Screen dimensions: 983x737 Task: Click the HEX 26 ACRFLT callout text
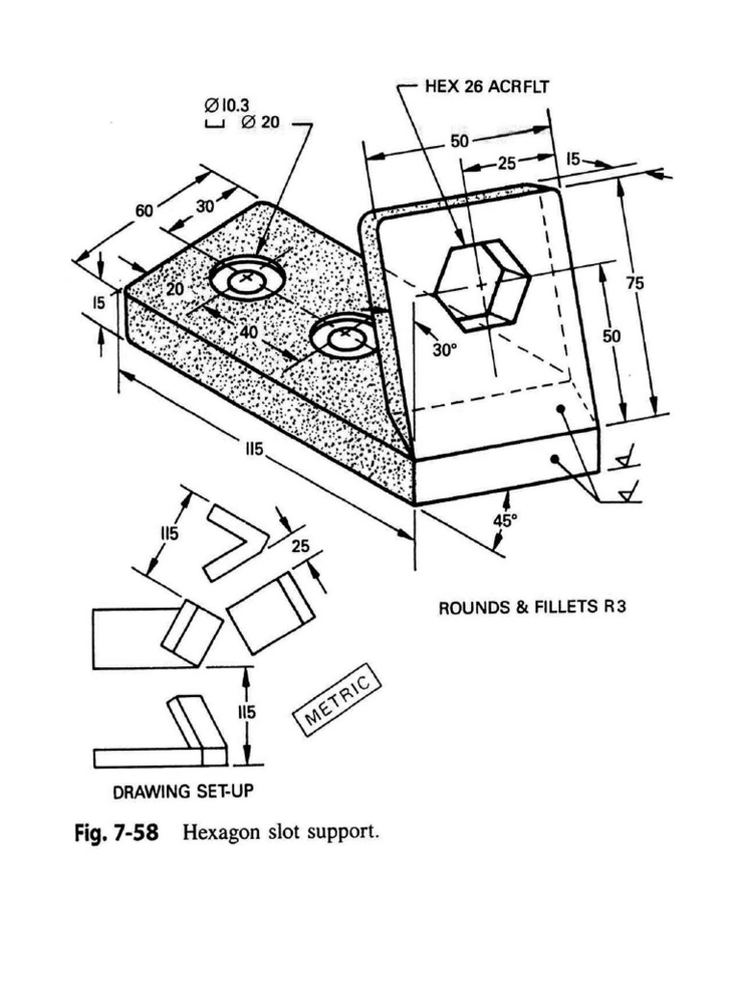click(487, 85)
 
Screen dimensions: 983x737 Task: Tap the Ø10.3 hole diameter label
click(228, 106)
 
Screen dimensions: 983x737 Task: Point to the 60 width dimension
click(145, 209)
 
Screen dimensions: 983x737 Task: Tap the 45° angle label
click(505, 520)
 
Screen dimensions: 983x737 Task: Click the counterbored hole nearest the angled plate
click(344, 338)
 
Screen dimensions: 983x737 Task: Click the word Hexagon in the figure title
click(222, 831)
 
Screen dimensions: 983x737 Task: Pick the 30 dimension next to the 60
click(205, 206)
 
